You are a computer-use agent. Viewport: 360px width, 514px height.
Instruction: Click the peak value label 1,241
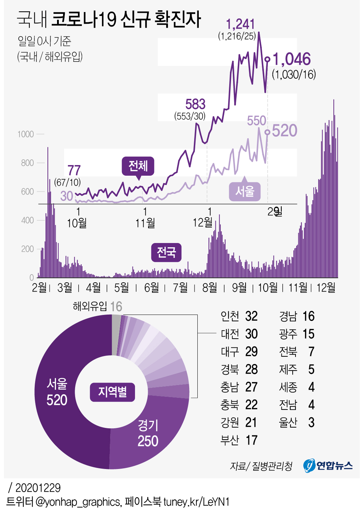[x=240, y=24]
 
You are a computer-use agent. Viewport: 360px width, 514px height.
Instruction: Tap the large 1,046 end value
[x=292, y=60]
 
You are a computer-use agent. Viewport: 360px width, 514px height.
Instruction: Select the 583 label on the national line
[x=195, y=104]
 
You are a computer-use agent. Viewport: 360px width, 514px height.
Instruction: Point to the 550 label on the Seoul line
[x=257, y=121]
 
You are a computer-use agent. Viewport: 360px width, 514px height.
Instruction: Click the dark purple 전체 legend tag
[x=138, y=166]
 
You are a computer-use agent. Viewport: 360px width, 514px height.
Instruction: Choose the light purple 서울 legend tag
[x=245, y=191]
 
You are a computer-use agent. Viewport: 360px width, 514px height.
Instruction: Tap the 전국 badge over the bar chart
[x=166, y=252]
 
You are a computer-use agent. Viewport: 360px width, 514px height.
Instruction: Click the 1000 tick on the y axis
[x=26, y=134]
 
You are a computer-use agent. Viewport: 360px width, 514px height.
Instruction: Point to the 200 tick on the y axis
[x=27, y=249]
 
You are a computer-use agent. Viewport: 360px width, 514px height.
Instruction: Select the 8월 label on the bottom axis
[x=209, y=287]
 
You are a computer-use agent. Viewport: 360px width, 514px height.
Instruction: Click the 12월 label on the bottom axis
[x=326, y=287]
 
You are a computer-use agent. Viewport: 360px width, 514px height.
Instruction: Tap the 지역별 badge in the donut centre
[x=112, y=392]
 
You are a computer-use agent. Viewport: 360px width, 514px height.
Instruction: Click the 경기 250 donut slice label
[x=148, y=433]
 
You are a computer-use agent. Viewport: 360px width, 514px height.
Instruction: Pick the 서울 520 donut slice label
[x=57, y=392]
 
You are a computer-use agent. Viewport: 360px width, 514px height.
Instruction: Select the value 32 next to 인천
[x=251, y=316]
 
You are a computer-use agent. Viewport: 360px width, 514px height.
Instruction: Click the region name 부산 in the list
[x=230, y=440]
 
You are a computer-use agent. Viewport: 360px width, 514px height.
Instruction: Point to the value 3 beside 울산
[x=311, y=422]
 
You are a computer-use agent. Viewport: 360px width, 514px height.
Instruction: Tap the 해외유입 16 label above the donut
[x=97, y=306]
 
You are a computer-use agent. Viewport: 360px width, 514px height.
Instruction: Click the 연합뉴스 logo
[x=328, y=465]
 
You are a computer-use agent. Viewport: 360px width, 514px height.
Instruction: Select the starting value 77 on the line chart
[x=74, y=170]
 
